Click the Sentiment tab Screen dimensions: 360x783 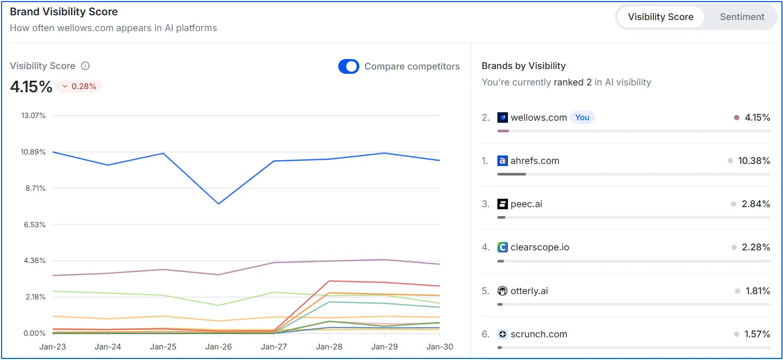pyautogui.click(x=742, y=17)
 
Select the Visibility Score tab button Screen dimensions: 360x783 pyautogui.click(x=660, y=17)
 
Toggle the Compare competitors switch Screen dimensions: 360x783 pyautogui.click(x=348, y=66)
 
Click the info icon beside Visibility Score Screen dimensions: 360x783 pyautogui.click(x=85, y=66)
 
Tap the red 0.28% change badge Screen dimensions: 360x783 pyautogui.click(x=79, y=86)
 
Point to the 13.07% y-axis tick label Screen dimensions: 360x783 pyautogui.click(x=33, y=115)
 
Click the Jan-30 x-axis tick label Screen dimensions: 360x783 pyautogui.click(x=439, y=347)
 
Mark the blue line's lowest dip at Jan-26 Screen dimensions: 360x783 pyautogui.click(x=218, y=204)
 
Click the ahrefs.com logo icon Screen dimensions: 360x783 pyautogui.click(x=502, y=161)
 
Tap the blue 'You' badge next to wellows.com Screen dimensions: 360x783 pyautogui.click(x=582, y=118)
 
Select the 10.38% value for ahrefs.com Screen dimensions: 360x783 pyautogui.click(x=754, y=161)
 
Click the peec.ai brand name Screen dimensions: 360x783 pyautogui.click(x=526, y=204)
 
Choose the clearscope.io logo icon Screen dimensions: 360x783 pyautogui.click(x=502, y=247)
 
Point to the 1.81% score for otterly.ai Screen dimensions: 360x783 pyautogui.click(x=758, y=291)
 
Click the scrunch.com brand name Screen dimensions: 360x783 pyautogui.click(x=539, y=334)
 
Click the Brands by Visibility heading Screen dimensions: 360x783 pyautogui.click(x=523, y=66)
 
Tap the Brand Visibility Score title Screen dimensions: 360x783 pyautogui.click(x=64, y=12)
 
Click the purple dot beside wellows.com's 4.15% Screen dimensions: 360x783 pyautogui.click(x=737, y=118)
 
